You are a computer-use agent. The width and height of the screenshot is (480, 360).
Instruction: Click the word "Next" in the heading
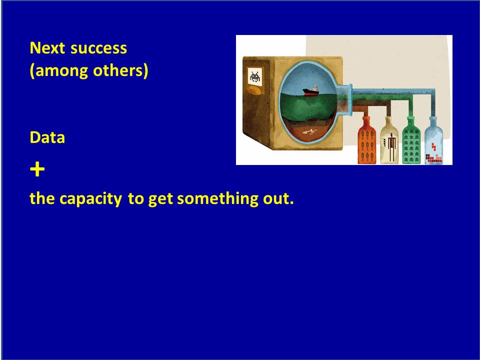47,48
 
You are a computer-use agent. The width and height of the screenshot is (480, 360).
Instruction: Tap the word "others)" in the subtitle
120,70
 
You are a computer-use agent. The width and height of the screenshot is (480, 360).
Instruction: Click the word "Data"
47,137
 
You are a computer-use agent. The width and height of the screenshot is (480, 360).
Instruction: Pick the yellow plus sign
37,169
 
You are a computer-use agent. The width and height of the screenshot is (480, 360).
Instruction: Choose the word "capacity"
91,199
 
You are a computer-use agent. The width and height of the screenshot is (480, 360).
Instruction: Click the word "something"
217,199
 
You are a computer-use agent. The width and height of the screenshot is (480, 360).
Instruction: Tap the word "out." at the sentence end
278,199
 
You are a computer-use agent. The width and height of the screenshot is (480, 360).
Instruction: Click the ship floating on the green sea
310,91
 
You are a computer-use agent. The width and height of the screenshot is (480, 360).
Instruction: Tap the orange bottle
366,140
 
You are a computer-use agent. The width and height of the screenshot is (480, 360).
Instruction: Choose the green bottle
411,140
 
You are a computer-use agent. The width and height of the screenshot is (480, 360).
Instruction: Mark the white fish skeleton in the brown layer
309,132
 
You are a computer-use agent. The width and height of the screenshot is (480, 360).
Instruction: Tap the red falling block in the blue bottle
434,146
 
